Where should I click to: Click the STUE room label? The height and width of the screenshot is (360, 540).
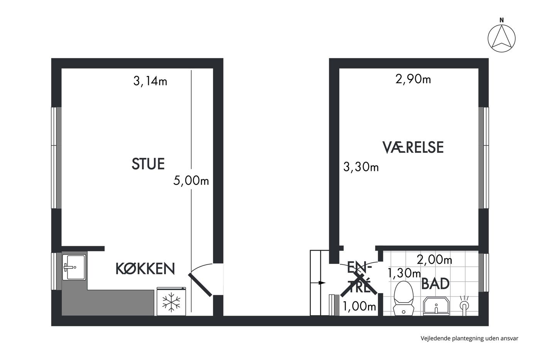click(x=148, y=164)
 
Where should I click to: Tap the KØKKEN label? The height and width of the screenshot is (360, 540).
click(x=145, y=269)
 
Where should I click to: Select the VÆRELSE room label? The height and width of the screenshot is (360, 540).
click(x=413, y=147)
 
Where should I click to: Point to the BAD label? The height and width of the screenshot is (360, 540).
click(x=435, y=284)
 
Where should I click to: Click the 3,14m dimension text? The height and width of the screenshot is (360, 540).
click(x=150, y=81)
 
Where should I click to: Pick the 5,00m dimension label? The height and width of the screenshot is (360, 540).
click(x=191, y=180)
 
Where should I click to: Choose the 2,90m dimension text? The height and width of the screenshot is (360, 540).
click(x=413, y=79)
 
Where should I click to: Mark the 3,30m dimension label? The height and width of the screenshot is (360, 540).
click(x=361, y=167)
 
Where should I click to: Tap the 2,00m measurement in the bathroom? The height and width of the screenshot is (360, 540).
click(x=434, y=260)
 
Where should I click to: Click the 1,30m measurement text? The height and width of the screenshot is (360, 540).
click(x=404, y=273)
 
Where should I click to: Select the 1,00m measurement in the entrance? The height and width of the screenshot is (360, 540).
click(x=359, y=306)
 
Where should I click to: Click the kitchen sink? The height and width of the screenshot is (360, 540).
click(x=74, y=267)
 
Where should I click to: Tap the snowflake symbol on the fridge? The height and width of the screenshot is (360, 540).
click(x=171, y=302)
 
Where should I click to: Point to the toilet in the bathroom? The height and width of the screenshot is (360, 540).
click(x=403, y=298)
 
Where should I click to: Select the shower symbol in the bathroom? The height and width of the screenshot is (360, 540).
click(x=464, y=306)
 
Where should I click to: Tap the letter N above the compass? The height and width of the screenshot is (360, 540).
click(x=502, y=20)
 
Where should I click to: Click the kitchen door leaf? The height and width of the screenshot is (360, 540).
click(x=200, y=285)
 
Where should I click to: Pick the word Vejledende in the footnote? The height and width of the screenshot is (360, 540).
click(x=435, y=338)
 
